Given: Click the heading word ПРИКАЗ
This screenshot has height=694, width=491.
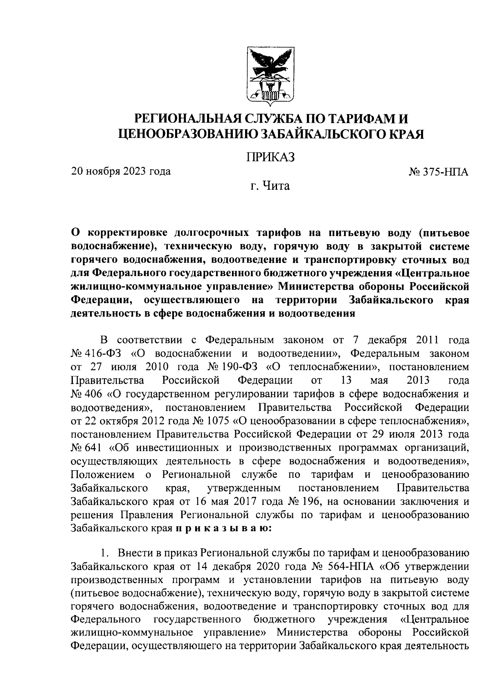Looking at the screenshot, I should [270, 157].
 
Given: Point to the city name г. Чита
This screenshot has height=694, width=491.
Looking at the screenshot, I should [270, 186].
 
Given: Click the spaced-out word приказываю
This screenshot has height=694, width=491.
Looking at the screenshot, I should [223, 528].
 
